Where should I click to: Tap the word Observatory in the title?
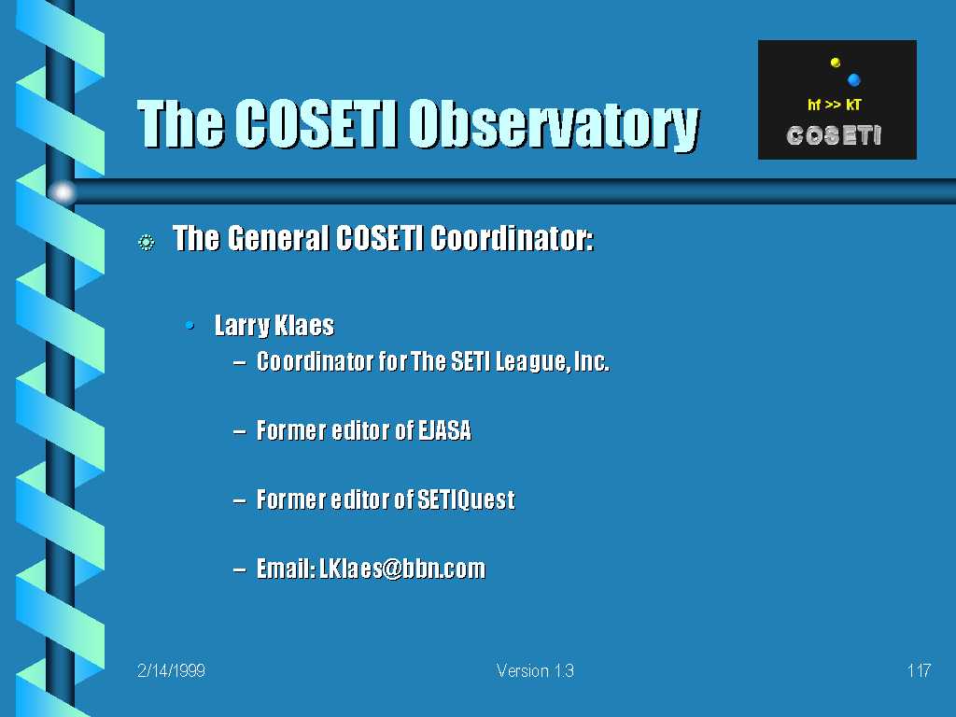(554, 126)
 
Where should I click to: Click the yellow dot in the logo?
(836, 63)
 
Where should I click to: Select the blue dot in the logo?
(853, 79)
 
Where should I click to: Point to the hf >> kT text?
(834, 105)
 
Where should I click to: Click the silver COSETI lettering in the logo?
(834, 135)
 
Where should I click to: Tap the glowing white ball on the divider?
(63, 192)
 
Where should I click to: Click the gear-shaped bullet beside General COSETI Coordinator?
(147, 243)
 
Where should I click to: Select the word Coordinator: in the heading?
(512, 238)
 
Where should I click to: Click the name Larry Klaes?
(274, 325)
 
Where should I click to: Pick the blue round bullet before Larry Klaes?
(190, 326)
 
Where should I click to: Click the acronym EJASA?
(444, 430)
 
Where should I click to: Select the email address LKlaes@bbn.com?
(402, 569)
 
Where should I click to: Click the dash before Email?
(240, 570)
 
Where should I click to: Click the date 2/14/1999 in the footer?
(172, 670)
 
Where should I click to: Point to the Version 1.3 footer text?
(535, 670)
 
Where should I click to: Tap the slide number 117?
(919, 670)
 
